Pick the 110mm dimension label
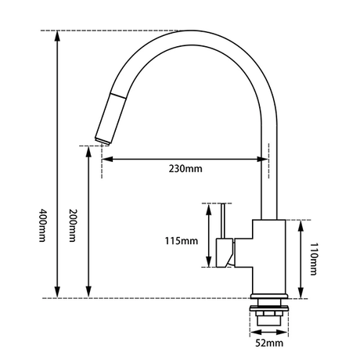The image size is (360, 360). (x=313, y=259)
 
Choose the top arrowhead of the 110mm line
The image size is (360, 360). (x=301, y=225)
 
